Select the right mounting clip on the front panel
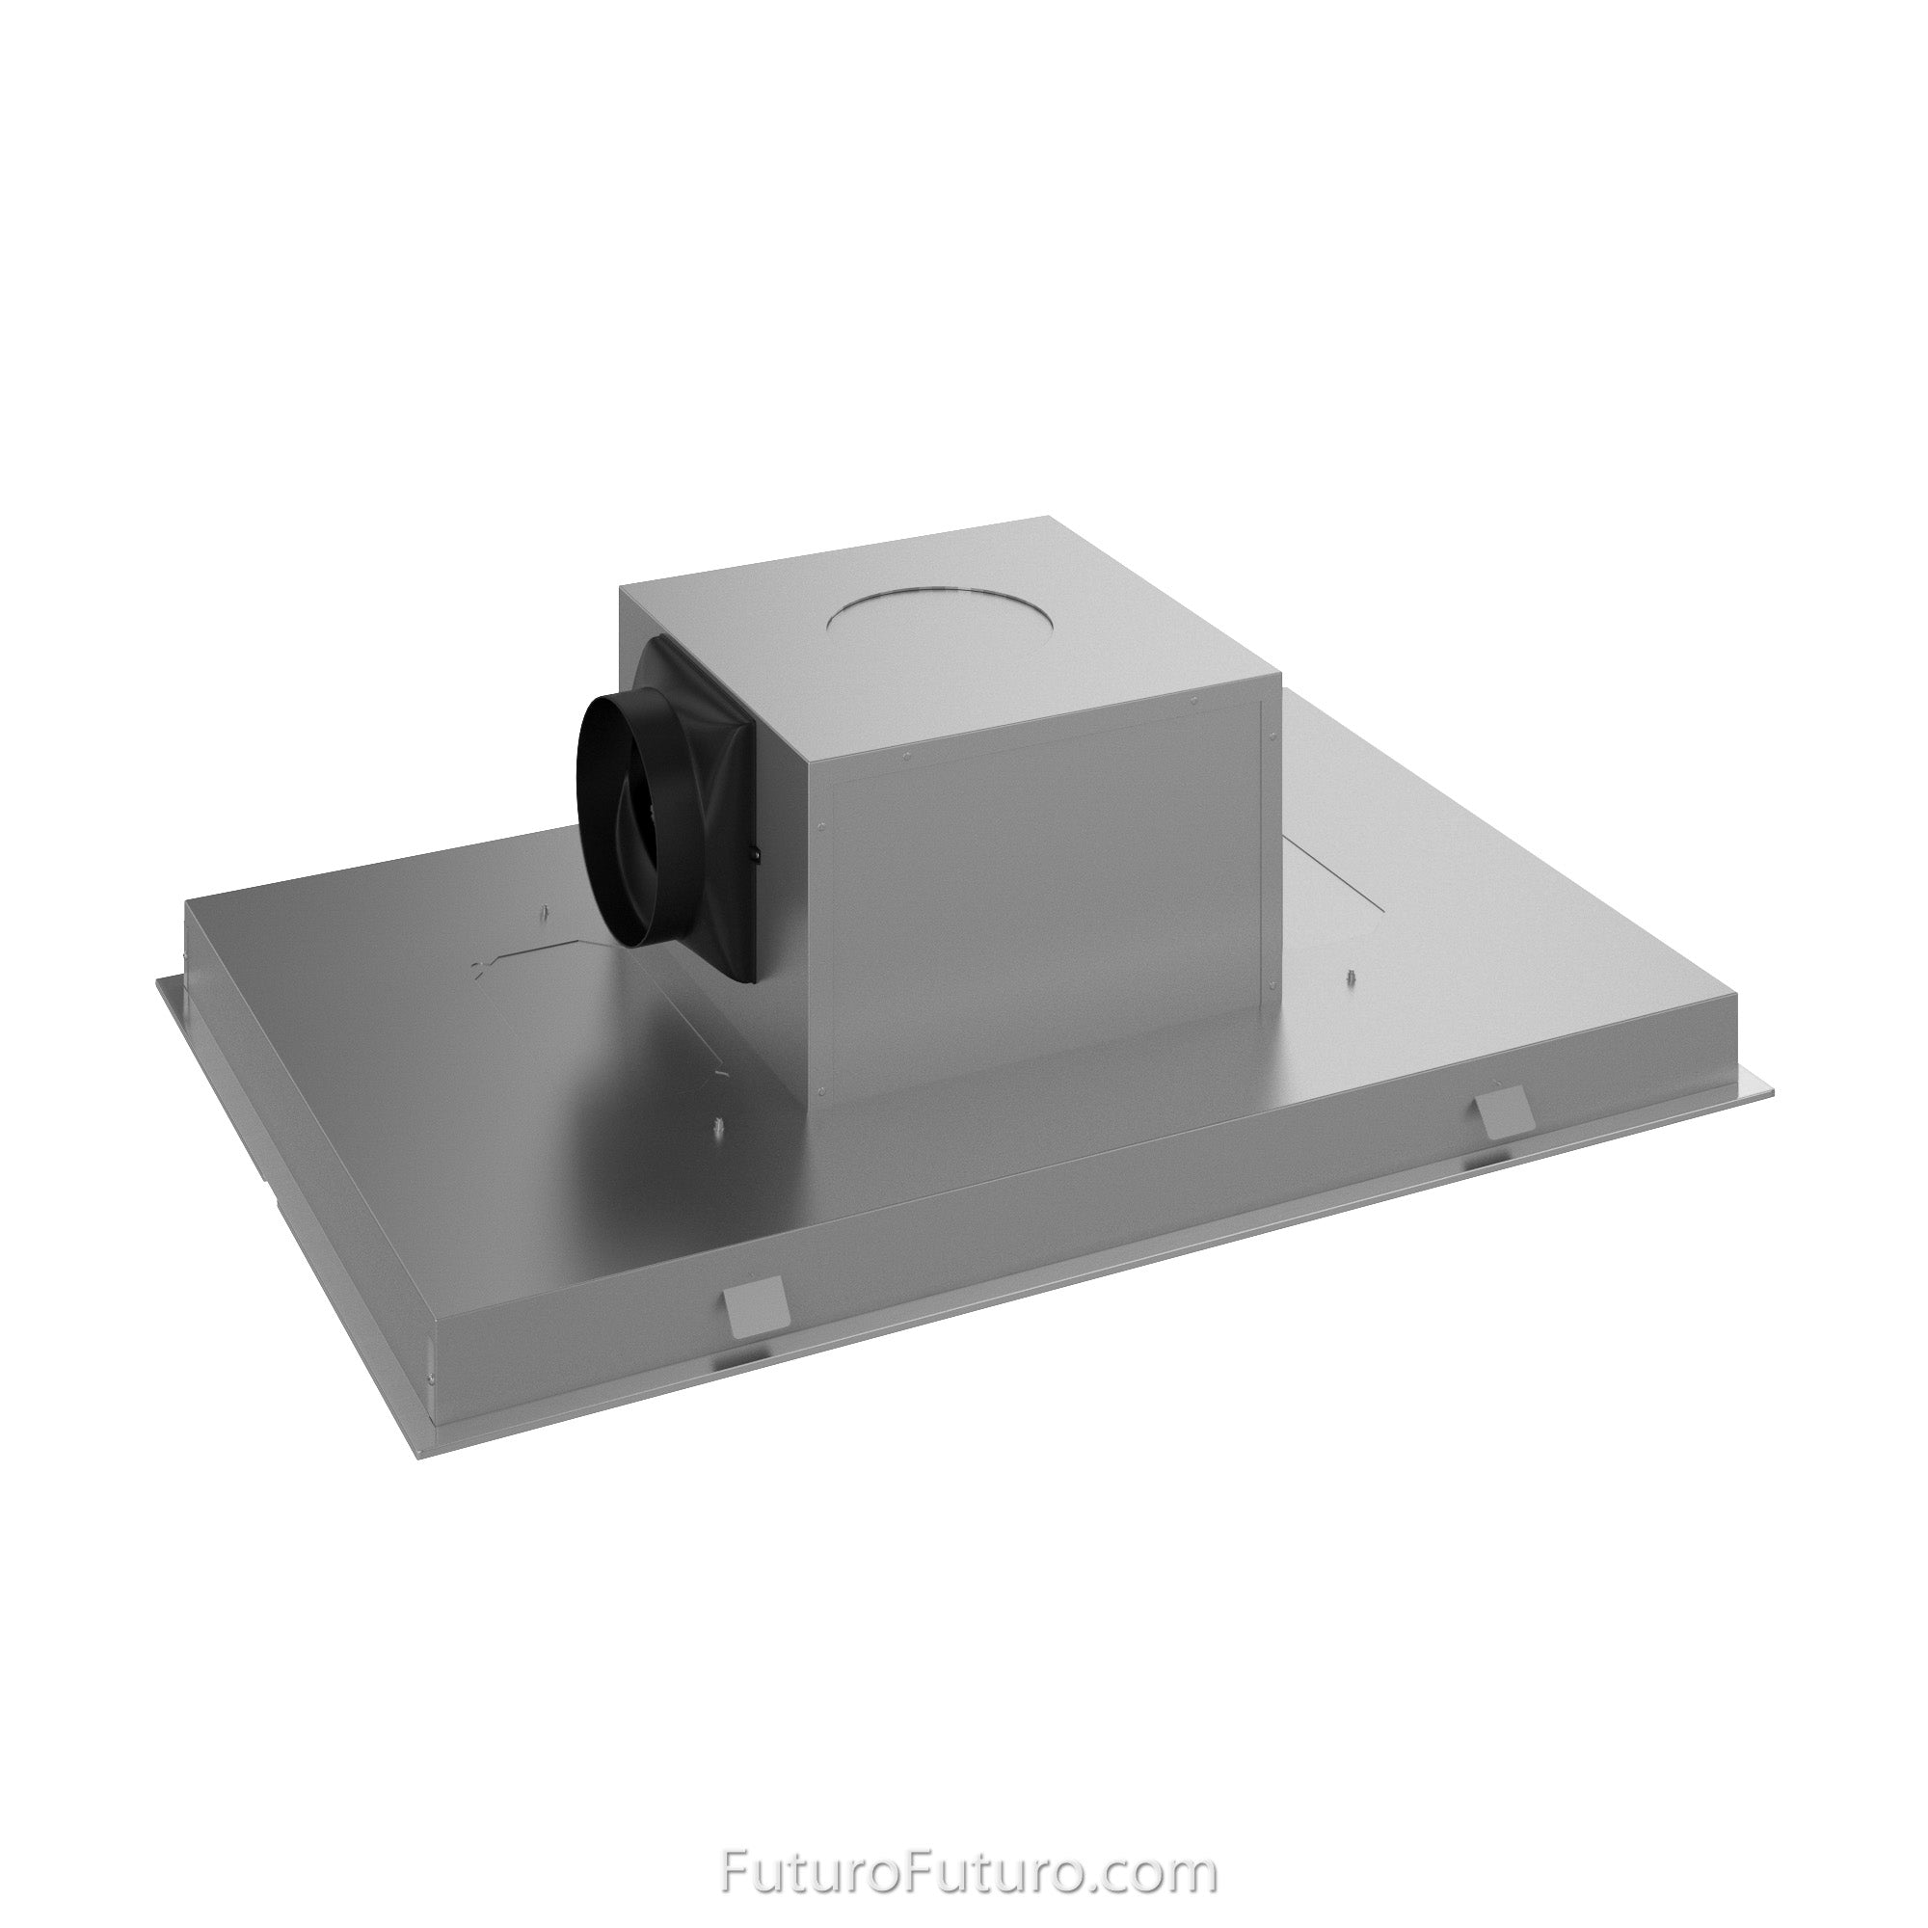(x=1500, y=1111)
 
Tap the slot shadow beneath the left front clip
(x=740, y=1362)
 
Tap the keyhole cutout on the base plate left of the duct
(x=482, y=965)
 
